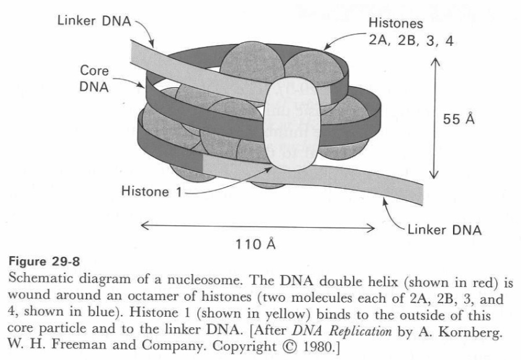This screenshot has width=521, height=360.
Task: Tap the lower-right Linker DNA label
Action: click(443, 230)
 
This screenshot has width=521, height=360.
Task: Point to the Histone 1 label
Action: click(151, 192)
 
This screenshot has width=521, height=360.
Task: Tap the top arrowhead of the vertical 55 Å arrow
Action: click(436, 62)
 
